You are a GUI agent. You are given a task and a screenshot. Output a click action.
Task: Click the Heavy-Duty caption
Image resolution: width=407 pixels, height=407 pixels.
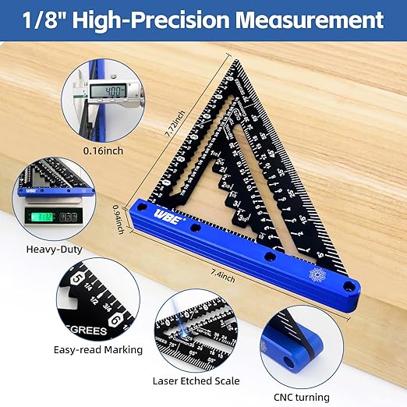(x=55, y=250)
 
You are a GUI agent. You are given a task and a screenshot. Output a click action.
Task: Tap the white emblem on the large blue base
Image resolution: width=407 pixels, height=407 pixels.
(x=317, y=275)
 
